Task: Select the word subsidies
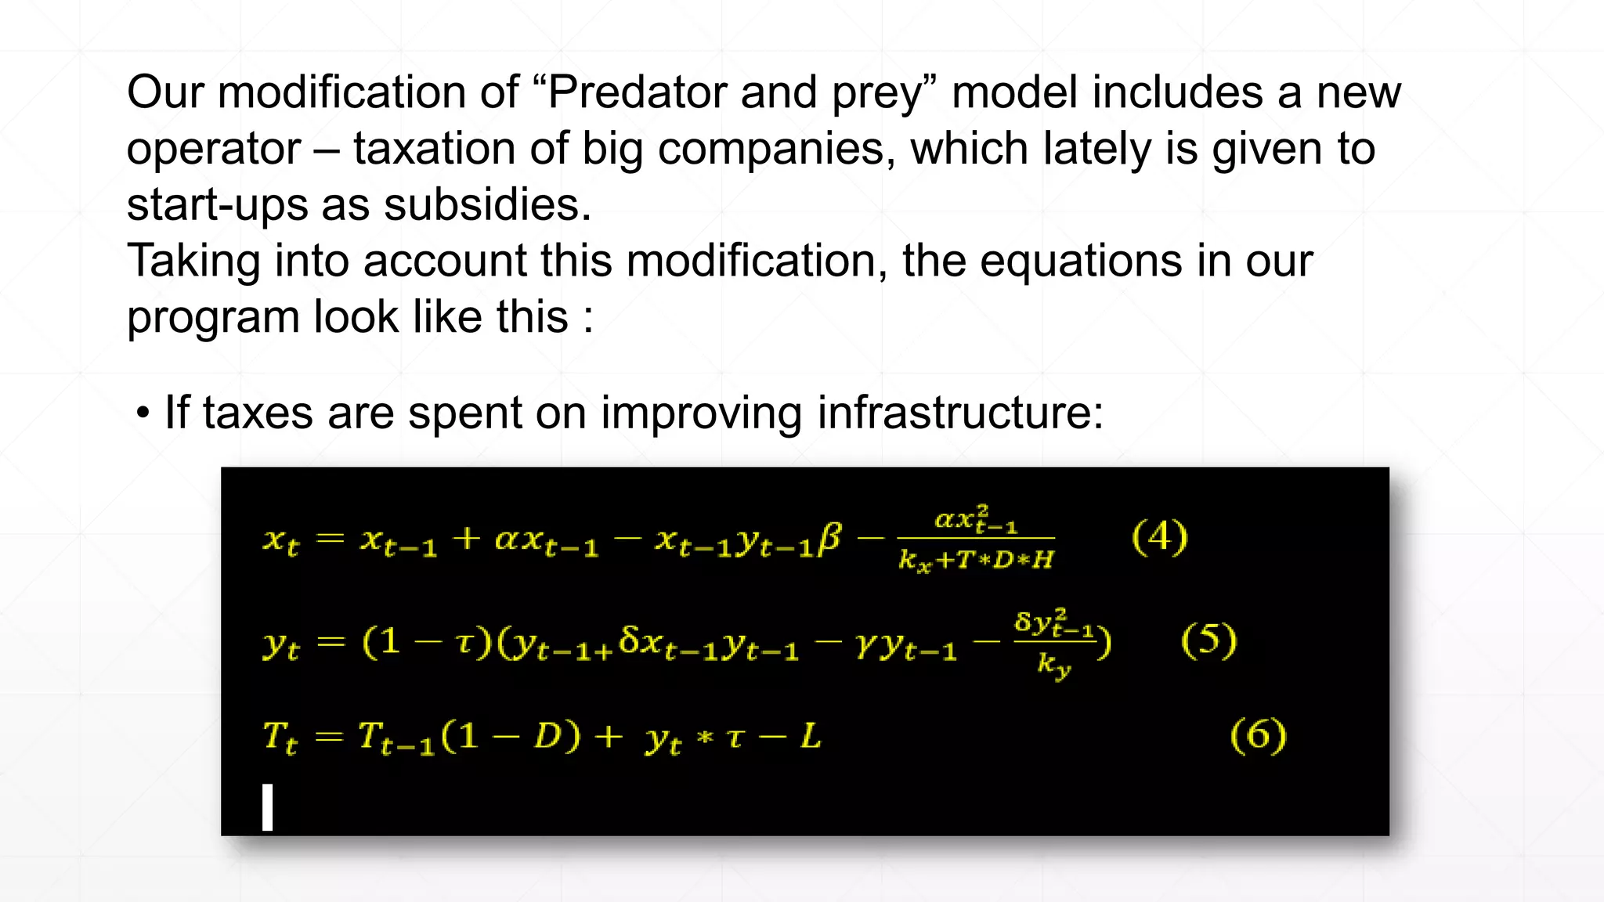click(x=486, y=205)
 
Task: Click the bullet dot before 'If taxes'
click(x=143, y=413)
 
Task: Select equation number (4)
click(x=1159, y=537)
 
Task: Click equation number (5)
click(x=1208, y=640)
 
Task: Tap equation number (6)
click(x=1258, y=736)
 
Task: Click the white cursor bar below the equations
click(x=268, y=806)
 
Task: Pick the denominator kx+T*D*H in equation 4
click(x=976, y=560)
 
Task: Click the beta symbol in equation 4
click(x=829, y=539)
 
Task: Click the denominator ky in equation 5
click(x=1053, y=665)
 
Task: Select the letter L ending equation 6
click(x=810, y=737)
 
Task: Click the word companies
click(x=776, y=149)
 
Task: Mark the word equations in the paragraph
click(x=1081, y=262)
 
